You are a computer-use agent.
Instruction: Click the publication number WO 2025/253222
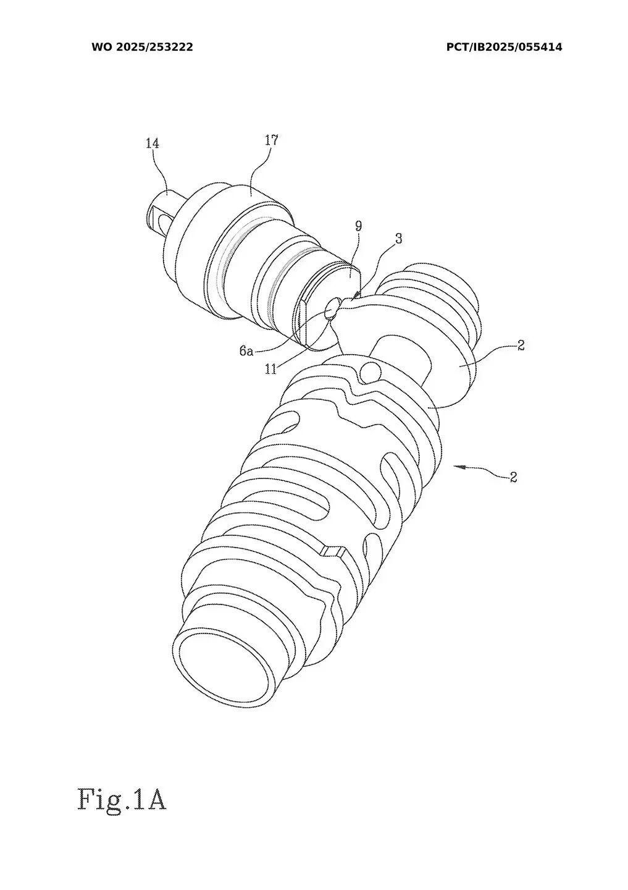click(142, 47)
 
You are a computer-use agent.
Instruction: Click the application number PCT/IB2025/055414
click(504, 47)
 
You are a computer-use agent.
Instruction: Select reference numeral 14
click(152, 143)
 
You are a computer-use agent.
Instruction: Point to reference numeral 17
click(271, 140)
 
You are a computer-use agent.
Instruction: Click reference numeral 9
click(358, 226)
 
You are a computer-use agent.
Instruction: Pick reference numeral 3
click(399, 239)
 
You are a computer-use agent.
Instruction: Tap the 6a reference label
click(246, 351)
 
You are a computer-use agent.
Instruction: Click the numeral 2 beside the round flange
click(521, 345)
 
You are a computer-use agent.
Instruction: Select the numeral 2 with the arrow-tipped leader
click(513, 477)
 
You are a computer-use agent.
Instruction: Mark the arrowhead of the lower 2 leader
click(458, 467)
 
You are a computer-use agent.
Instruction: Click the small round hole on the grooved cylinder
click(370, 371)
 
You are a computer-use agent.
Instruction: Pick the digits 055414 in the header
click(538, 47)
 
